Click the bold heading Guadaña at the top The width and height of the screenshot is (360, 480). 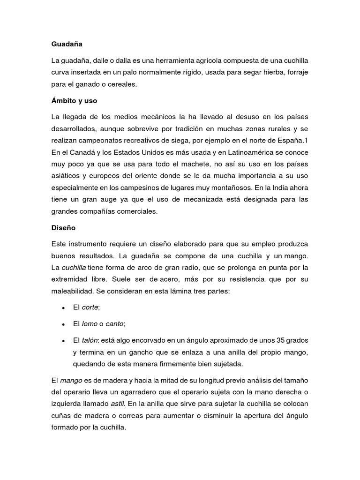tap(67, 45)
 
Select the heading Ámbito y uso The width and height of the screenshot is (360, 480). tap(74, 100)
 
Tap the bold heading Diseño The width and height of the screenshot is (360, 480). tap(63, 228)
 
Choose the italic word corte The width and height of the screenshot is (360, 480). tap(91, 307)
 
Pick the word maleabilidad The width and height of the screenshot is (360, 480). tap(73, 292)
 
